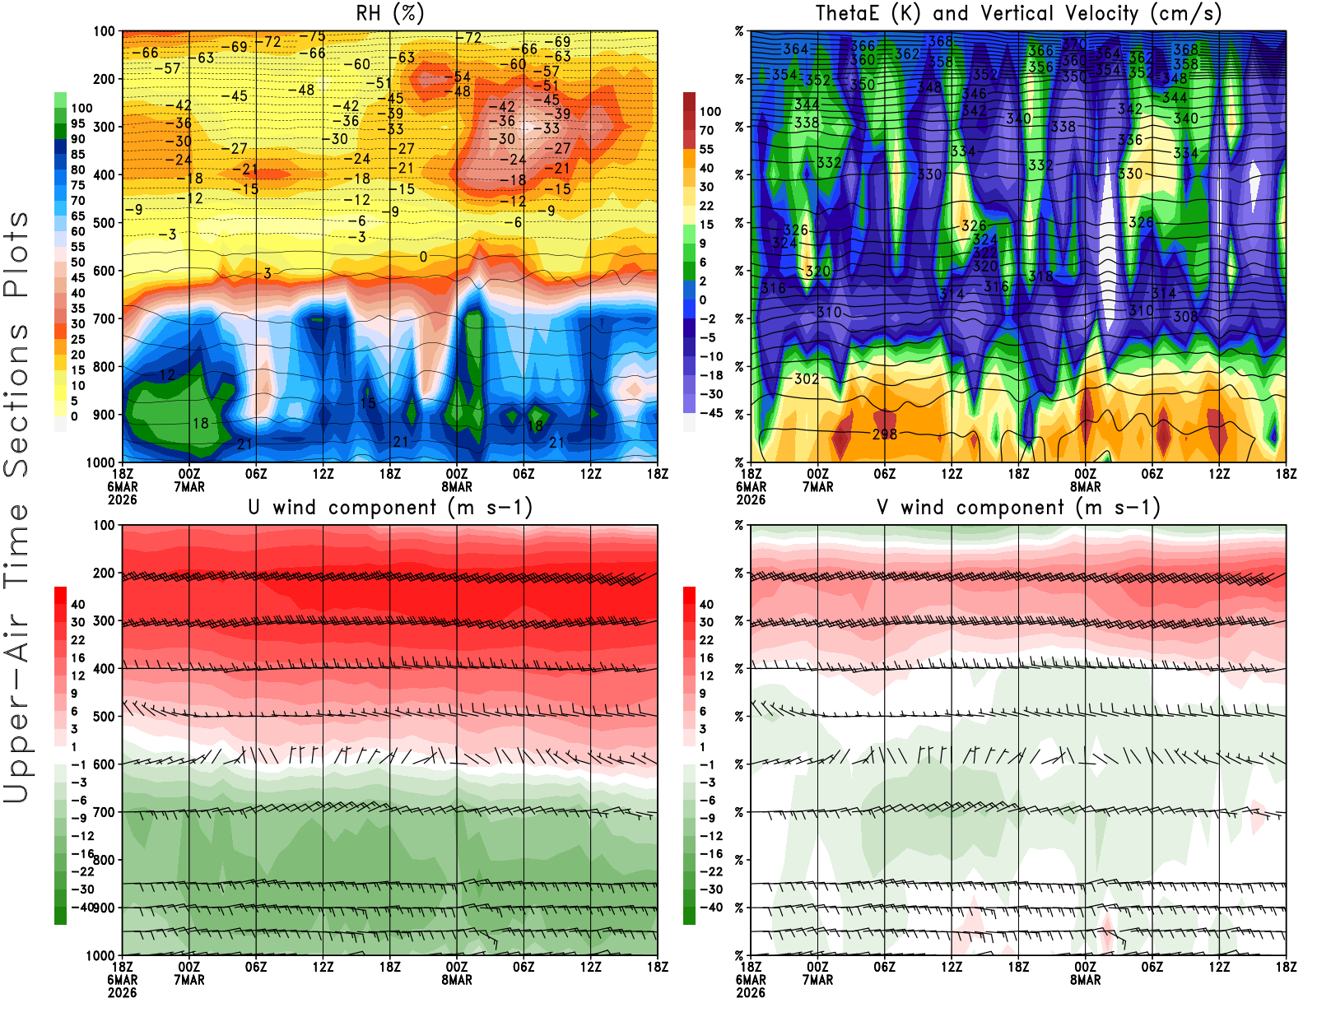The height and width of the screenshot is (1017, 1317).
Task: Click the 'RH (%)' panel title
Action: tap(390, 13)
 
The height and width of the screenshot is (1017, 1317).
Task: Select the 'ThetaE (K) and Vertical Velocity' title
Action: tap(1018, 13)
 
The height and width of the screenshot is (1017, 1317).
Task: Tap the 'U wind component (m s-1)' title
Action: tap(390, 507)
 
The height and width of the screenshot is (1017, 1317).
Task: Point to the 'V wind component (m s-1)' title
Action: tap(1018, 507)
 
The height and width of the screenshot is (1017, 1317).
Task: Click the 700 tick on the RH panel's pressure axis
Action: tap(105, 318)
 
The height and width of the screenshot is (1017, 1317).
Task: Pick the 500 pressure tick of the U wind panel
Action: tap(105, 716)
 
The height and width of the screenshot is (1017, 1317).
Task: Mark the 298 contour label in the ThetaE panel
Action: tap(884, 434)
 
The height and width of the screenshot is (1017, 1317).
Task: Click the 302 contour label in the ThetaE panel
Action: tap(807, 378)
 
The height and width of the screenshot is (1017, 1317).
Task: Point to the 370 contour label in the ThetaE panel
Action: tap(1074, 44)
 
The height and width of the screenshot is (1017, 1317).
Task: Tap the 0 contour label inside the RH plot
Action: tap(423, 257)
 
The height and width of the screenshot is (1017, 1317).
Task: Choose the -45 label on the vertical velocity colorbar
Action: tap(710, 413)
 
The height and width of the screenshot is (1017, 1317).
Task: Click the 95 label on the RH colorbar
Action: tap(78, 123)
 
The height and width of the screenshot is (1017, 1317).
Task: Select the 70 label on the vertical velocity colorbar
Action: tap(706, 130)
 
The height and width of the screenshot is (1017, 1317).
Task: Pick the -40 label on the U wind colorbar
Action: tap(82, 907)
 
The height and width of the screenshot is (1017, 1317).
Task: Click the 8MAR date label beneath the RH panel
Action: tap(457, 486)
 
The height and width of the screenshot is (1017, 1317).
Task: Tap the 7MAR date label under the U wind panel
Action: tap(189, 980)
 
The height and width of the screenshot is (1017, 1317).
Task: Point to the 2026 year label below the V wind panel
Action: tap(751, 992)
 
